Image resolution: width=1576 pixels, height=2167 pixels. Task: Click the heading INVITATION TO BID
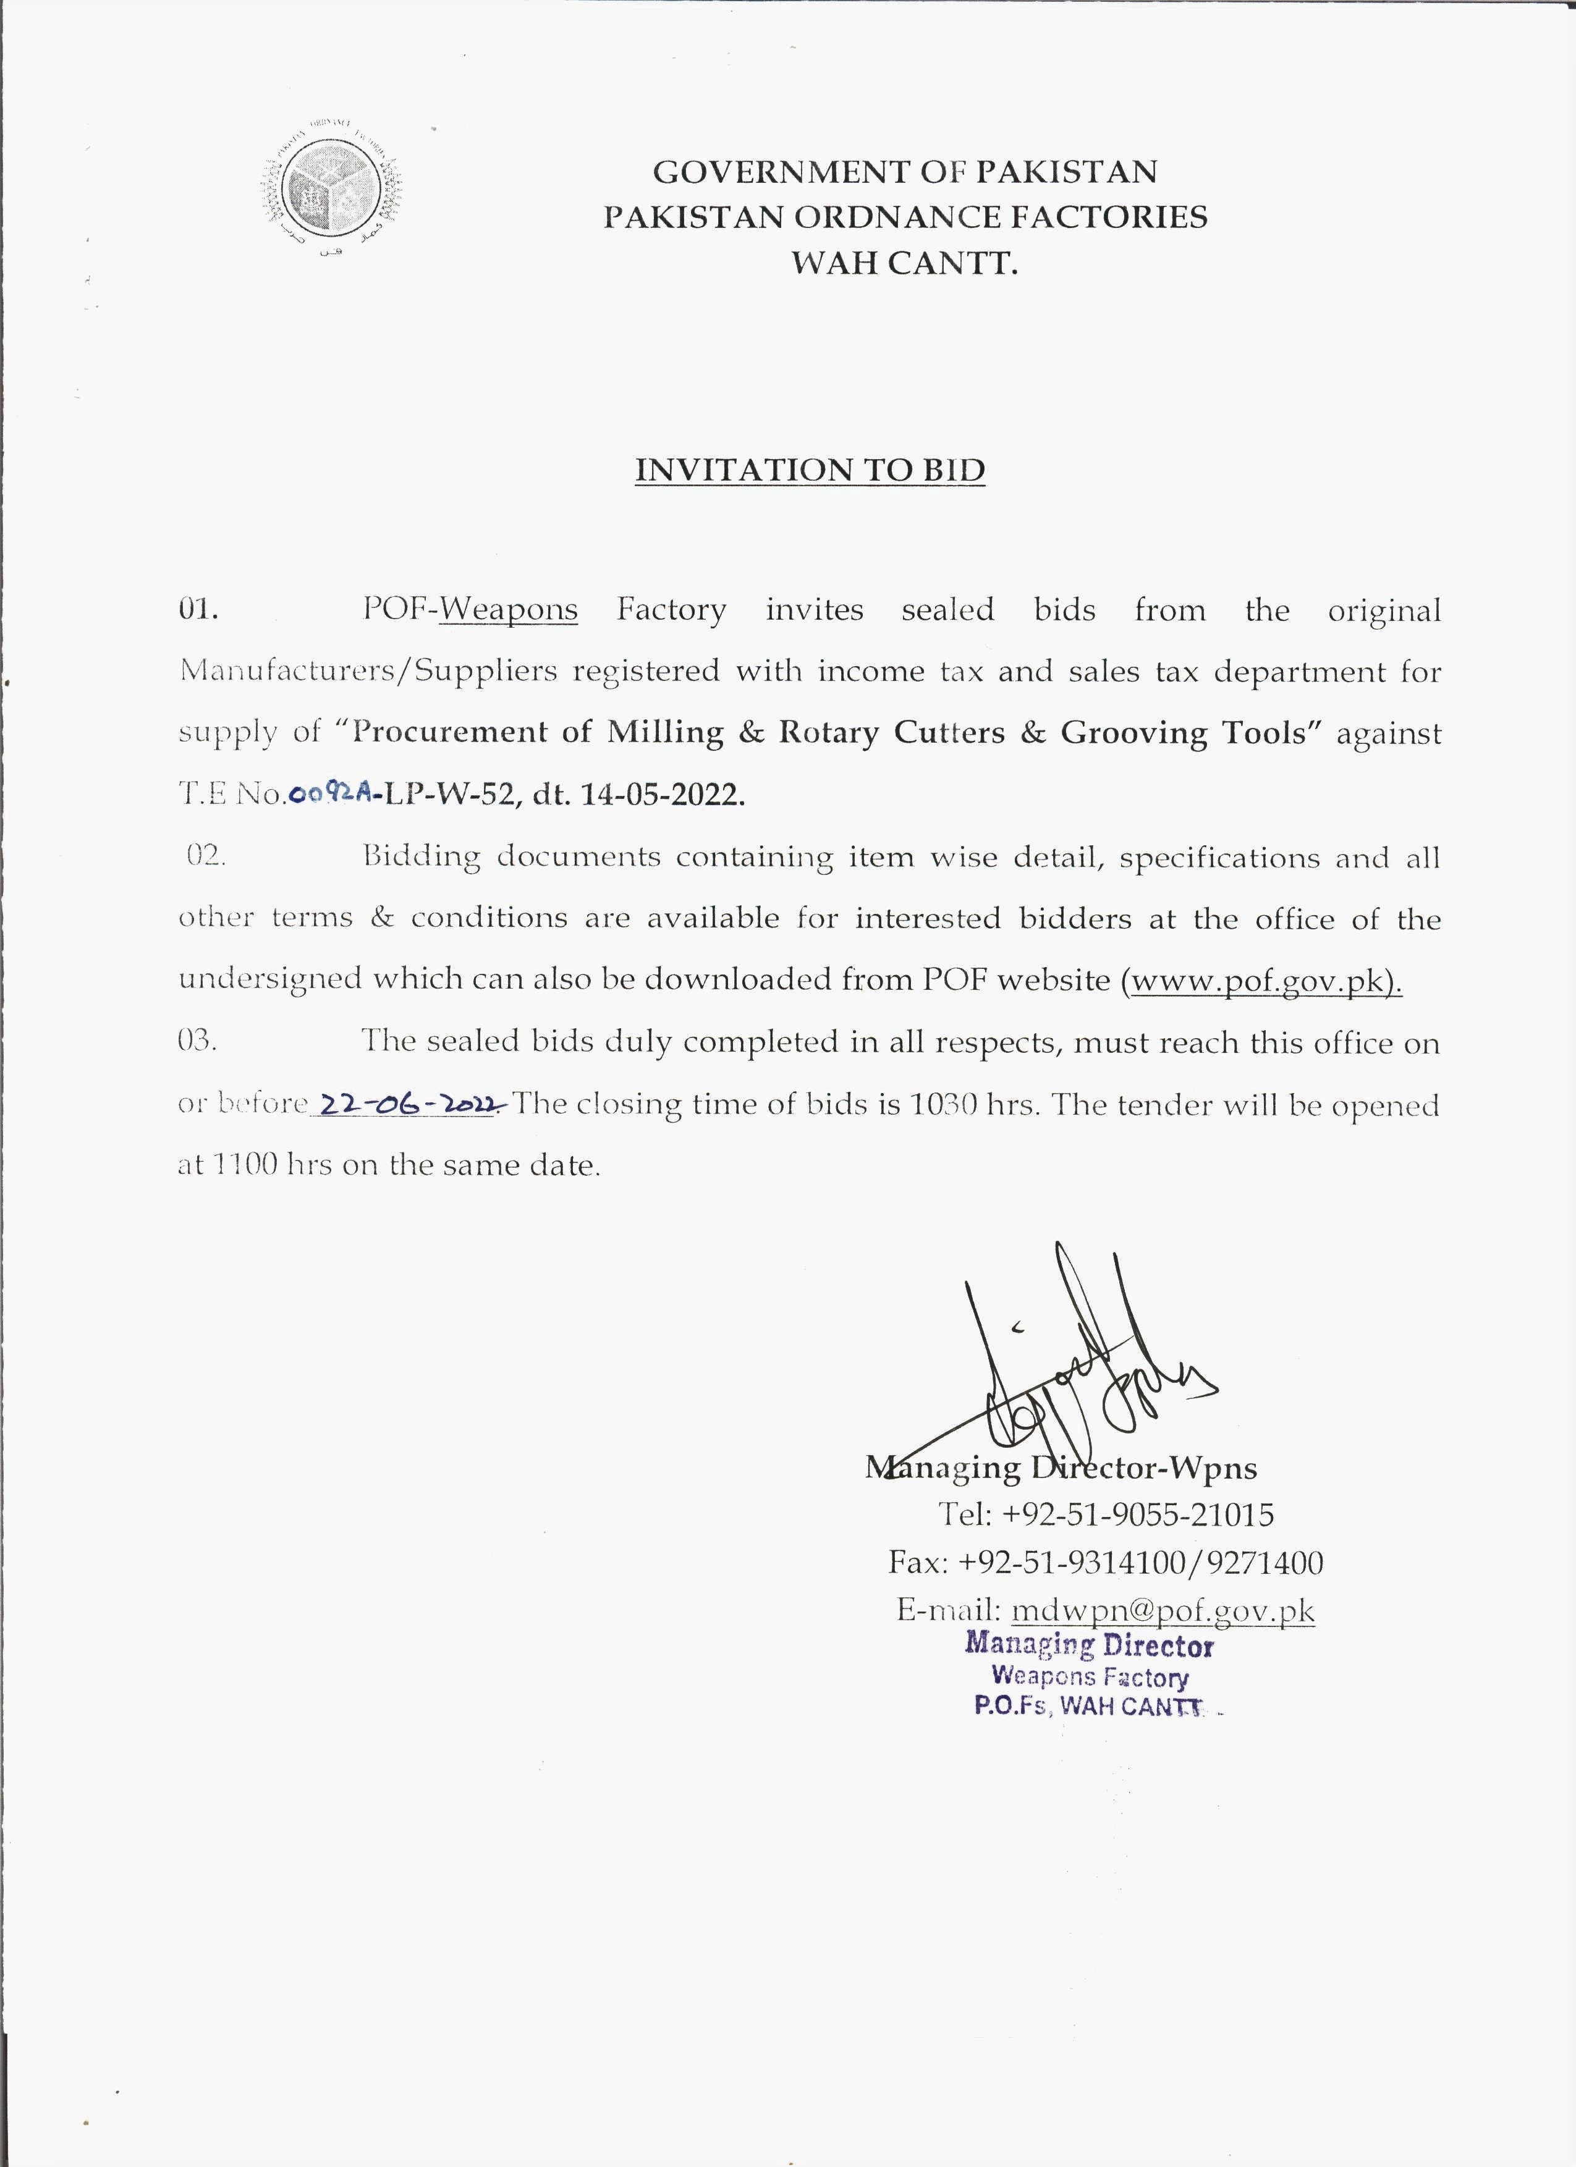810,470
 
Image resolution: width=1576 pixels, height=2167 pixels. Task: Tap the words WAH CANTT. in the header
904,262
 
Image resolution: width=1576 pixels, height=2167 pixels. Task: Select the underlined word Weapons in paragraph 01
509,610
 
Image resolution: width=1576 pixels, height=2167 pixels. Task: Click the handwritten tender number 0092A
330,794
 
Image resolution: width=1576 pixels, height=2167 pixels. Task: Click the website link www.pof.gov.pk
1261,980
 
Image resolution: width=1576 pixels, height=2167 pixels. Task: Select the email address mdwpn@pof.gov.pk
1162,1610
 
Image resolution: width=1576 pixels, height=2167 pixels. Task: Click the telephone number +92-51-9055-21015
1137,1514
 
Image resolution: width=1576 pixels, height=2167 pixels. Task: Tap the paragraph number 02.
205,856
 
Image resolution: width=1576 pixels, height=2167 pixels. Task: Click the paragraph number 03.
198,1041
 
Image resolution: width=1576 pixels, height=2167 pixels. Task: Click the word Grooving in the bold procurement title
1135,733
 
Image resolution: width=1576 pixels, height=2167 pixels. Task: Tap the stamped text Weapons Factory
1090,1676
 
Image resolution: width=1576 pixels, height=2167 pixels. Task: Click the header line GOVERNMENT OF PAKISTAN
904,172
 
